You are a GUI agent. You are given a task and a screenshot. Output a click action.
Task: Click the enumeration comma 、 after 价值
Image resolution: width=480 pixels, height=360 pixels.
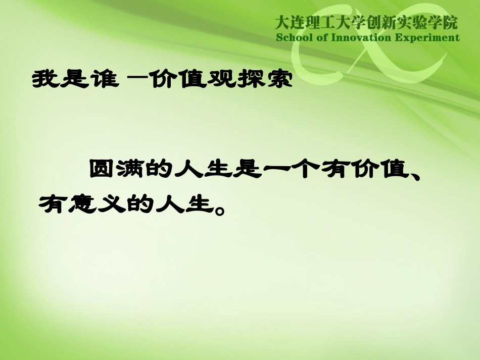415,174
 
